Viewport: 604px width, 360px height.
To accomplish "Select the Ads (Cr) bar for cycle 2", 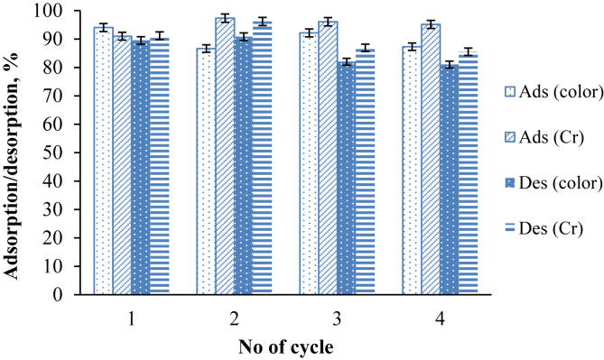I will point(225,158).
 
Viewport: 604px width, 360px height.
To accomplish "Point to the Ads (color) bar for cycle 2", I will point(206,171).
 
